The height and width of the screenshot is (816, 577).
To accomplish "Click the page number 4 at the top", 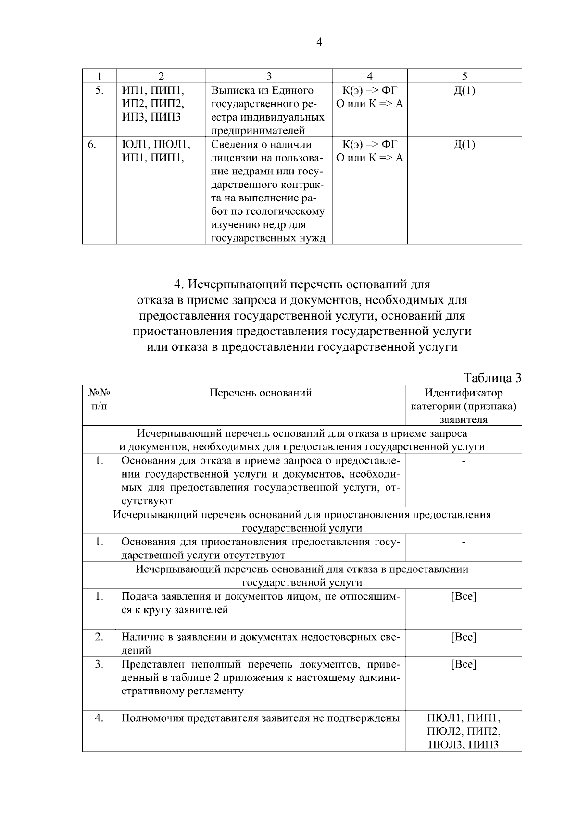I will coord(319,43).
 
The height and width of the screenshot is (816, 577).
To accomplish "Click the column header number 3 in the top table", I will coord(269,76).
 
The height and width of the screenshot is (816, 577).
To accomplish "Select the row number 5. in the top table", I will coord(99,90).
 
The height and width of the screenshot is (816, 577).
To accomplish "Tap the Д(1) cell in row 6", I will coord(464,145).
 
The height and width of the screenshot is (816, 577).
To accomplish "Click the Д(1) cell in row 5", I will coord(464,90).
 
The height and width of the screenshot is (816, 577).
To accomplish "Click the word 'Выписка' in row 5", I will coord(232,90).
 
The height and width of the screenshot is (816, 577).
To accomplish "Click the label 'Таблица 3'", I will coord(492,378).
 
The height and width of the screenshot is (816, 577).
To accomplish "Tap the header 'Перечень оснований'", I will coord(261,393).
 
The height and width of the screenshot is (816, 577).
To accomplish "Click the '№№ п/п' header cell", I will coord(99,399).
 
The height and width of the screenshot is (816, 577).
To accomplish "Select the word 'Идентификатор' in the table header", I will coord(464,393).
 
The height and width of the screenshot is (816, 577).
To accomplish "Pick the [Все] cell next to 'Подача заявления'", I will coord(464,597).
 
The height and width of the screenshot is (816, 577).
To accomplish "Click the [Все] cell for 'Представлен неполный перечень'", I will coord(464,665).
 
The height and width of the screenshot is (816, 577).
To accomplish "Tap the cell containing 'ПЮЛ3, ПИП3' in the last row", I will coord(464,745).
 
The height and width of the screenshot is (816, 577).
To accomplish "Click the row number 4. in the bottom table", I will coord(99,718).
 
